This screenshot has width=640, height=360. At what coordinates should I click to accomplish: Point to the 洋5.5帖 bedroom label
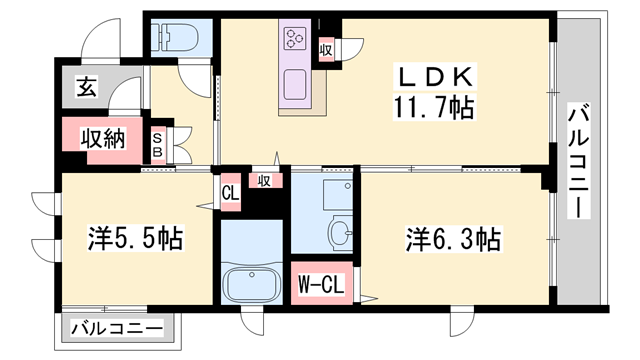134,239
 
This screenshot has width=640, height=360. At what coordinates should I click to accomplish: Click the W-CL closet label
320,284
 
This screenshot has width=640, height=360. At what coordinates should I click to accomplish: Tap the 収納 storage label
103,139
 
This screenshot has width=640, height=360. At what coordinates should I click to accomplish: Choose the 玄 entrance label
86,88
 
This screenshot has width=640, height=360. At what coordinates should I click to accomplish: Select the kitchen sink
297,84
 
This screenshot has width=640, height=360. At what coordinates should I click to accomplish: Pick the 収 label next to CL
264,181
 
